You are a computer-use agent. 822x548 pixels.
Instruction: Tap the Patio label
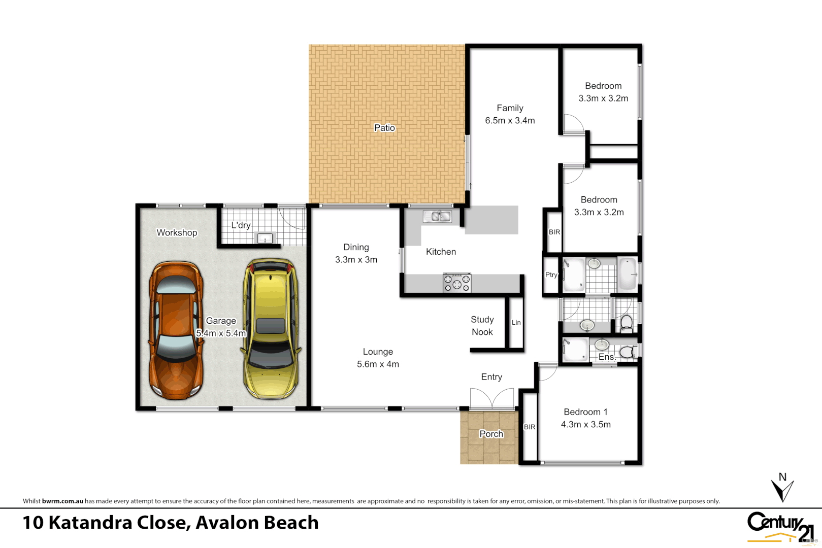pyautogui.click(x=384, y=128)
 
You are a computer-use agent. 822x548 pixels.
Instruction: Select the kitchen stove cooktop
pyautogui.click(x=457, y=283)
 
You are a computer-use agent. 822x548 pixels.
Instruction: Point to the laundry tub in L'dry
pyautogui.click(x=265, y=238)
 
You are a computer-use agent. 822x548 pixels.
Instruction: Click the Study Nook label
pyautogui.click(x=482, y=326)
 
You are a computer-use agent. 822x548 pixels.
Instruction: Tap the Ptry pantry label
pyautogui.click(x=551, y=275)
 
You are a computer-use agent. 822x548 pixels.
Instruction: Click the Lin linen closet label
pyautogui.click(x=516, y=322)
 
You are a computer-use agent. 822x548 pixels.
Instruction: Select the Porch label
pyautogui.click(x=491, y=434)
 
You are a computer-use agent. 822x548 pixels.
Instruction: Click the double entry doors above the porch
pyautogui.click(x=491, y=399)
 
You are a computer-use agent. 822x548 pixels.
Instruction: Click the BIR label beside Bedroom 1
pyautogui.click(x=529, y=427)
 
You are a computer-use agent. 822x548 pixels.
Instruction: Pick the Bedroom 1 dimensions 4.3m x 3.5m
pyautogui.click(x=585, y=425)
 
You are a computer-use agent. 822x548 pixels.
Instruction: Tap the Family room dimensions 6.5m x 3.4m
pyautogui.click(x=510, y=121)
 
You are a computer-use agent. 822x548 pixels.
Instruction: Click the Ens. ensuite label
pyautogui.click(x=606, y=357)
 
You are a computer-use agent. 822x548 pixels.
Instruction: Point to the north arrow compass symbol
pyautogui.click(x=782, y=488)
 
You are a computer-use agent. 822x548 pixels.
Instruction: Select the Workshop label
pyautogui.click(x=177, y=232)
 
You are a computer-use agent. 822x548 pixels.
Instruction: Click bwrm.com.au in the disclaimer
pyautogui.click(x=62, y=501)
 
